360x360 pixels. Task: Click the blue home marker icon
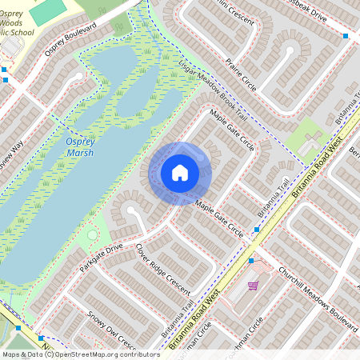click(180, 172)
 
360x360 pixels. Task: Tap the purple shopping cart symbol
click(254, 285)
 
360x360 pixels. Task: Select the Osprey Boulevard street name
click(70, 39)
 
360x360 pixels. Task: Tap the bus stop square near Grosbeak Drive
click(346, 36)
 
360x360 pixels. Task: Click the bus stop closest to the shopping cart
click(251, 261)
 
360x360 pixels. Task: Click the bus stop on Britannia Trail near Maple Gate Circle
click(256, 230)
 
